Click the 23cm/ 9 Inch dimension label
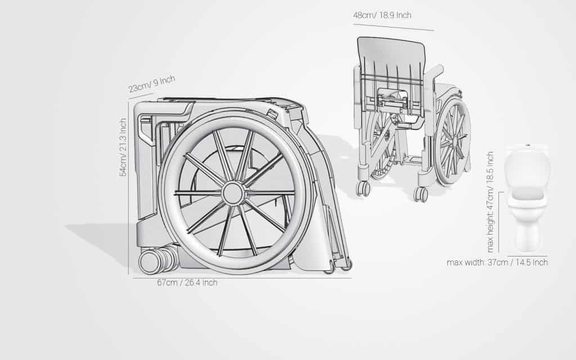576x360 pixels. click(x=152, y=84)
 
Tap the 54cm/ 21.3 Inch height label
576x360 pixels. click(x=123, y=147)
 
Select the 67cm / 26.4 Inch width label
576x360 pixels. click(x=187, y=283)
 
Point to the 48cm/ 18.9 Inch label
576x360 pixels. click(x=382, y=15)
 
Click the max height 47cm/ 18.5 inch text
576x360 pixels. click(x=490, y=202)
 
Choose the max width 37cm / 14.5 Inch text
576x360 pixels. click(x=497, y=262)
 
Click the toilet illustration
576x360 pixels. click(x=527, y=199)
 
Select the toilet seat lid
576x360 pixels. click(x=526, y=195)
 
